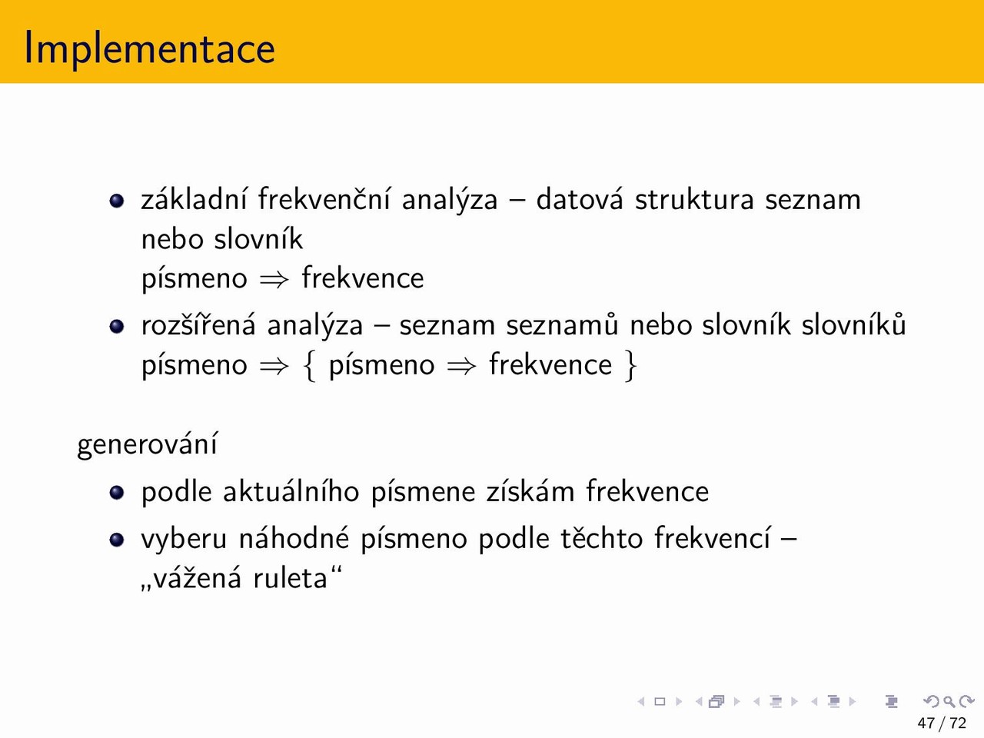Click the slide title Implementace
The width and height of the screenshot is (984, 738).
(149, 48)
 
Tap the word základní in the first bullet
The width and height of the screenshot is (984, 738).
(194, 199)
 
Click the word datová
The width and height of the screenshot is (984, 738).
(579, 198)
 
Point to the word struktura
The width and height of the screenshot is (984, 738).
(694, 200)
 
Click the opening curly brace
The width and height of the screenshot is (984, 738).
(309, 366)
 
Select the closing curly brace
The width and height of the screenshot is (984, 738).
(630, 366)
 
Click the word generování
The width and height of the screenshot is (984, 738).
(147, 444)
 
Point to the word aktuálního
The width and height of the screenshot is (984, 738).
(291, 491)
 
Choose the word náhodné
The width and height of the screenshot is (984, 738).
(294, 538)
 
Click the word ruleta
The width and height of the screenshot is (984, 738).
(291, 578)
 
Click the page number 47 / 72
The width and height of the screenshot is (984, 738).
(942, 723)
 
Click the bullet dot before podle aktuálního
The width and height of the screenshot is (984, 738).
(117, 492)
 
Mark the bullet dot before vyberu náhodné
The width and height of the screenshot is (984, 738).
(117, 539)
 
